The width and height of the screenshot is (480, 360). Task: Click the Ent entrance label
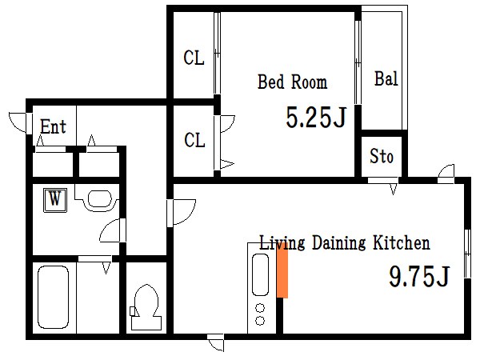pos(53,126)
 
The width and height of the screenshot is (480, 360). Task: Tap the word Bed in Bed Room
pos(271,82)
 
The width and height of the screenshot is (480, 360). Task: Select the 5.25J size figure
pos(316,117)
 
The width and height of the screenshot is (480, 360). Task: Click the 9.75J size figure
pos(418,276)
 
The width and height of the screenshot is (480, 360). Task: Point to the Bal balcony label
pos(386,78)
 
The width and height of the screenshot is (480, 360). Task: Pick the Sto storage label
pos(381,156)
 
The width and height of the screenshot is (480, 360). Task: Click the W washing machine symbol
pos(55,200)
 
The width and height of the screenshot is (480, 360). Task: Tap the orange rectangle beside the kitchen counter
pos(282,273)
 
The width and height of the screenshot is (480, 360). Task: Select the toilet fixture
pos(146,307)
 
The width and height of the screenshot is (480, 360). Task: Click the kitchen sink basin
pos(260,274)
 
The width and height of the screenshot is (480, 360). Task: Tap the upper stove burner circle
pos(260,307)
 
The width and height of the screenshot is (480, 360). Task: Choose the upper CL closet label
pos(194,58)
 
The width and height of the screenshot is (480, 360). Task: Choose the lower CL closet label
pos(194,140)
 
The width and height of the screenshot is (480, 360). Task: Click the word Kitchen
pos(402,242)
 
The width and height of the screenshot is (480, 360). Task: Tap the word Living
pos(282,243)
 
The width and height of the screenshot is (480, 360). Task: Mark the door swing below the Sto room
pos(394,189)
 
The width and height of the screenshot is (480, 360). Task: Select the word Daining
pos(339,243)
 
